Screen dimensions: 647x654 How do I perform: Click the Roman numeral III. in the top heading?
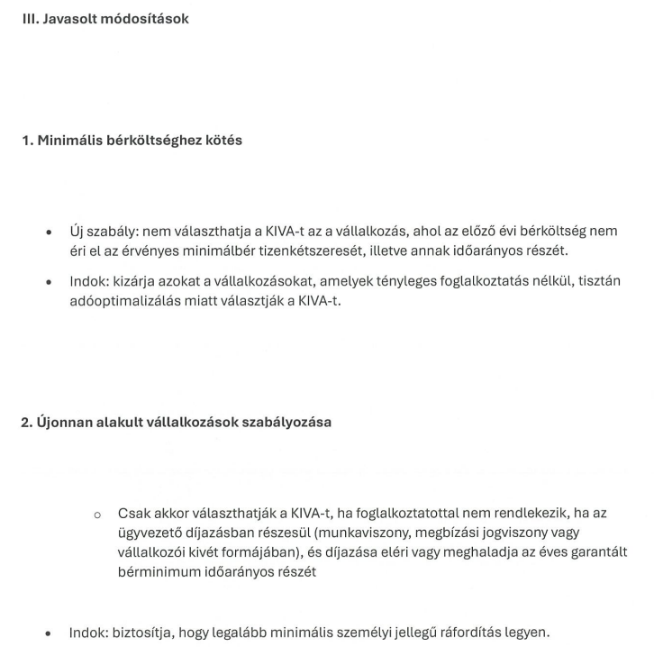[30, 18]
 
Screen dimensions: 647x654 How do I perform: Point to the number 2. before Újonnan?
[27, 422]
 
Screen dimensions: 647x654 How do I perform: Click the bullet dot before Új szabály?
[49, 232]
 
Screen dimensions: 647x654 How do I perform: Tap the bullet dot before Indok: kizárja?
[49, 282]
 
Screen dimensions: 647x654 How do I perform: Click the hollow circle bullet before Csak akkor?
[97, 514]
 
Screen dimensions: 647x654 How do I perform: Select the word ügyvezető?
[149, 533]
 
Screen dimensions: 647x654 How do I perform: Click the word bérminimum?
[156, 571]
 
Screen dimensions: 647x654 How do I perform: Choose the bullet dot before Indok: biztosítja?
[49, 633]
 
